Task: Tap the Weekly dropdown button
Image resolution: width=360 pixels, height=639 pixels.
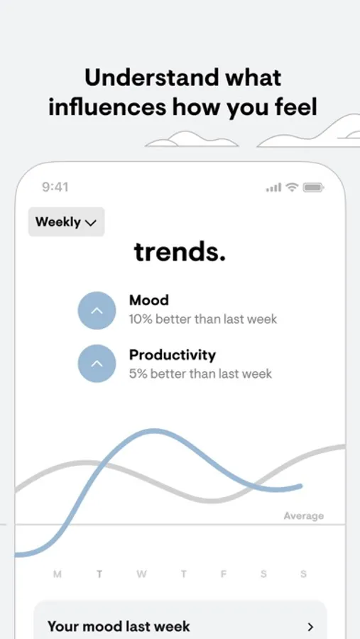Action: [x=67, y=222]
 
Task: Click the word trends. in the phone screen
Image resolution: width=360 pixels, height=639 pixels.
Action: [x=180, y=252]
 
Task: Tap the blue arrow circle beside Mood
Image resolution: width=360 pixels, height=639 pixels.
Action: [x=97, y=310]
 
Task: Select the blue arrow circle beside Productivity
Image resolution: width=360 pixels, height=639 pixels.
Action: [x=97, y=364]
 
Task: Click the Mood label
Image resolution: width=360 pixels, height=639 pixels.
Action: [x=149, y=300]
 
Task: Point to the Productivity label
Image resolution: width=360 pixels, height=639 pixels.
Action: [x=173, y=355]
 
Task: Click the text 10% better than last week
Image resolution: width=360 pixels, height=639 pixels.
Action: [x=203, y=319]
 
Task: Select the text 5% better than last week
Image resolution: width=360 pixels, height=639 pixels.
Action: [x=200, y=373]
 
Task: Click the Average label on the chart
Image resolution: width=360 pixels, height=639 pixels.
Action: [x=304, y=516]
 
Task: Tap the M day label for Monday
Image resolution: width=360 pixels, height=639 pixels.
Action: [x=58, y=574]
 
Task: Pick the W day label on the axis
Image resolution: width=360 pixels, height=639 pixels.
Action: [x=141, y=574]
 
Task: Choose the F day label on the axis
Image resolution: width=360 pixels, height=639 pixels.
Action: [x=224, y=574]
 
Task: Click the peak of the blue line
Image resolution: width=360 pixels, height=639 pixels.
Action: [x=154, y=432]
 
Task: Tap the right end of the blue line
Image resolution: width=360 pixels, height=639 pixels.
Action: [x=300, y=486]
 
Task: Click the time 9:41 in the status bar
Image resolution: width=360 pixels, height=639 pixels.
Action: [x=55, y=187]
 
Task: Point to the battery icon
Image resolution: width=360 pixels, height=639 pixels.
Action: [x=313, y=187]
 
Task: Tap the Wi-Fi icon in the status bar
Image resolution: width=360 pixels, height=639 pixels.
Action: [x=292, y=187]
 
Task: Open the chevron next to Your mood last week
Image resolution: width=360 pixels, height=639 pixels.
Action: [x=311, y=626]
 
